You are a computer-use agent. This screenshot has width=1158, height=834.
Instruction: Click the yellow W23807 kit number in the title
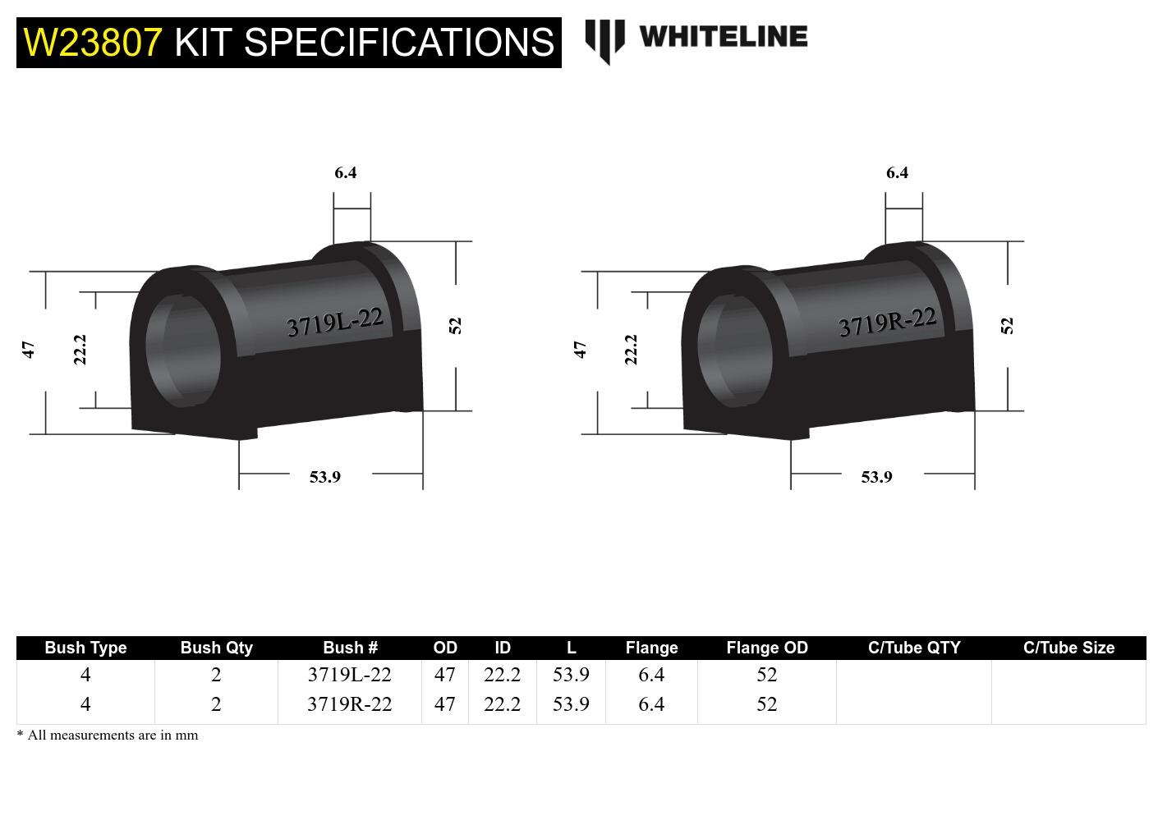[x=93, y=42]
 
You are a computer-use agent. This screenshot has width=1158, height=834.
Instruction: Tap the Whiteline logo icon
[x=604, y=39]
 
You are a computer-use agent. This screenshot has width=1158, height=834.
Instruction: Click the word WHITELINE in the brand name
[x=723, y=37]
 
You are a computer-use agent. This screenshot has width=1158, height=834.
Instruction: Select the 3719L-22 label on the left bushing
[x=335, y=322]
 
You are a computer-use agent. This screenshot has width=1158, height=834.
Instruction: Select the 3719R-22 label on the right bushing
[x=887, y=322]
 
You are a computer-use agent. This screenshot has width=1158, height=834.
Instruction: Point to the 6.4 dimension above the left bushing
[x=346, y=172]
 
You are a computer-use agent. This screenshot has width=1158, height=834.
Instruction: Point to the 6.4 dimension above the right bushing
[x=897, y=172]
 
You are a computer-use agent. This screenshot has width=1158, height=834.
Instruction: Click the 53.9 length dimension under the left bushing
[x=325, y=477]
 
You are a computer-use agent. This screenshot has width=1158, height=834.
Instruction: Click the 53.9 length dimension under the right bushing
[x=876, y=477]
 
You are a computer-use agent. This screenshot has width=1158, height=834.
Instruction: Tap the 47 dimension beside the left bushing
[x=29, y=350]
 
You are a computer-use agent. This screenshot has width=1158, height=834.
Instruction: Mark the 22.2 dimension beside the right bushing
[x=631, y=349]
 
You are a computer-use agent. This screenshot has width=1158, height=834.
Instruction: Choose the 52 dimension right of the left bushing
[x=456, y=326]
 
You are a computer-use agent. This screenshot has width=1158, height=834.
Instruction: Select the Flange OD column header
[x=767, y=648]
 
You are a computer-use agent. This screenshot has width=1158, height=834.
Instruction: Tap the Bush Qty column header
[x=216, y=648]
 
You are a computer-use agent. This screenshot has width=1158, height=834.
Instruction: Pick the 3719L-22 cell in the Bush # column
[x=350, y=675]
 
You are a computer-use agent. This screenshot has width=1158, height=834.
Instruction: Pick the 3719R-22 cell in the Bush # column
[x=350, y=704]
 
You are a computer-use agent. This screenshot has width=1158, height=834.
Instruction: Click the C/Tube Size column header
[x=1068, y=648]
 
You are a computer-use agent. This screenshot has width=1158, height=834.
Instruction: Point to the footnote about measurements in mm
[x=108, y=735]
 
